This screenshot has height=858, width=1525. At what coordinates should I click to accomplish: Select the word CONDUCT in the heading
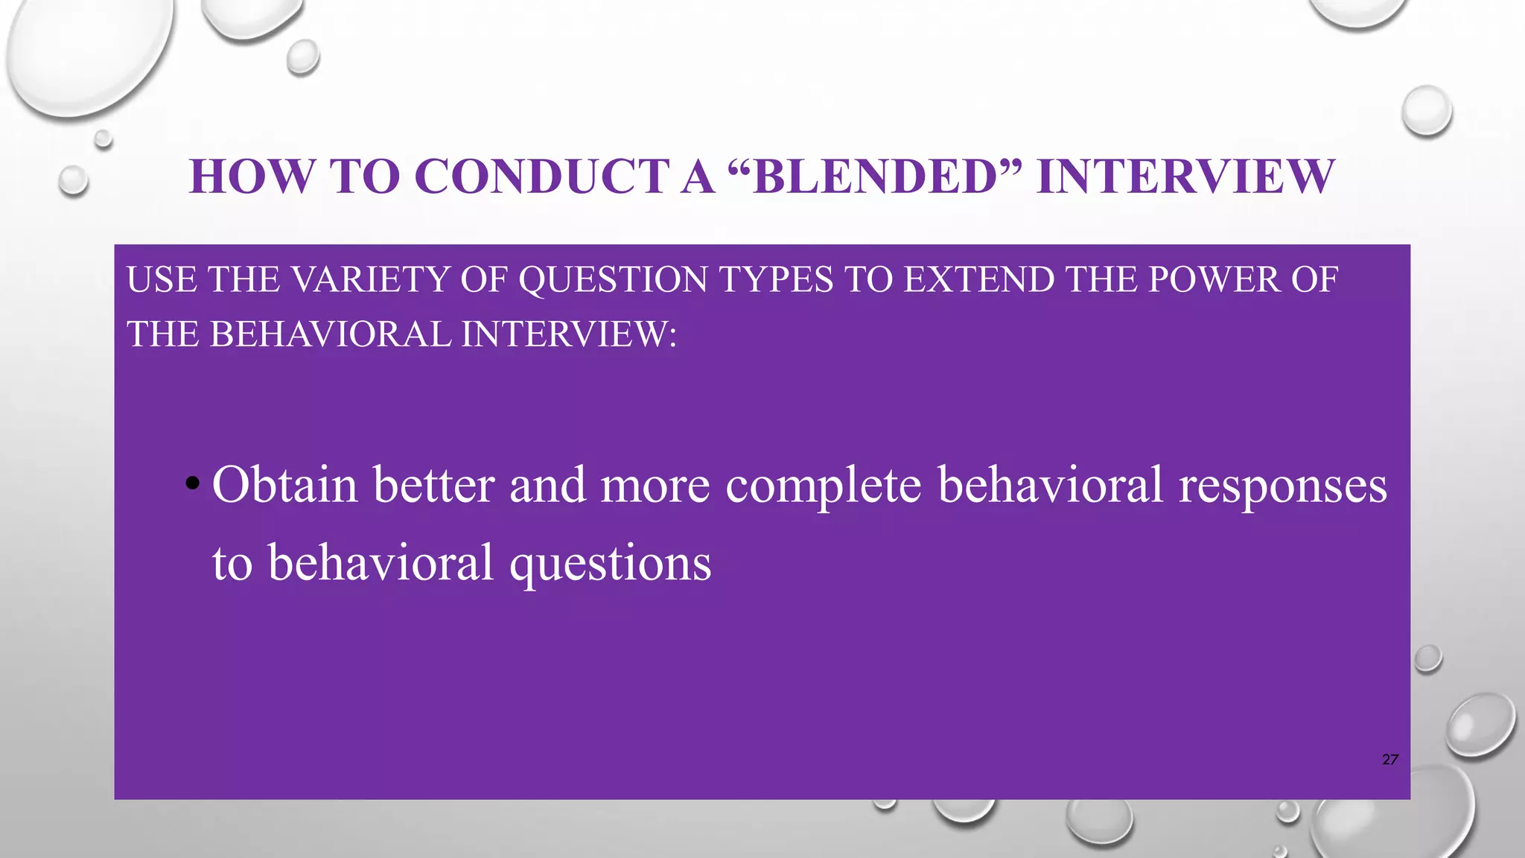click(x=542, y=177)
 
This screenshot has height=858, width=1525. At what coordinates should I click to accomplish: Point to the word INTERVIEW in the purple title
click(x=1185, y=177)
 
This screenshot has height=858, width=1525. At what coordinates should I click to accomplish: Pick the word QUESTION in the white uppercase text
click(x=613, y=280)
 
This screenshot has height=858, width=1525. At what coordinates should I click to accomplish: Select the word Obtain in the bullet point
click(x=285, y=485)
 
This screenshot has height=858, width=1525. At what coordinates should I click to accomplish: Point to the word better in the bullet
click(x=434, y=485)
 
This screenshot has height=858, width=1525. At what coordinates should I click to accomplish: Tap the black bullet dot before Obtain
click(x=193, y=484)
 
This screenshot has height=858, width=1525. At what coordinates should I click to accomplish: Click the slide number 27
click(x=1389, y=760)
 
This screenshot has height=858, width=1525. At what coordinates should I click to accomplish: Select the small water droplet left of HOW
click(x=73, y=180)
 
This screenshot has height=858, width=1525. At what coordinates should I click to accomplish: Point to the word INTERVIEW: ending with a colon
click(x=569, y=334)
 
